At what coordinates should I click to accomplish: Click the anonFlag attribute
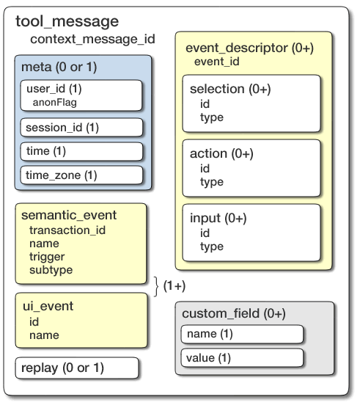[55, 102]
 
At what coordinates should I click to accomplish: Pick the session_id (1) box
[81, 128]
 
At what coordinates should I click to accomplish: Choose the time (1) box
[81, 151]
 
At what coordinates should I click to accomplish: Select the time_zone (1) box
[81, 175]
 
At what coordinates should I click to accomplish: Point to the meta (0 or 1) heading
[59, 67]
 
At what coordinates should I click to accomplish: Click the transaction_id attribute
[67, 230]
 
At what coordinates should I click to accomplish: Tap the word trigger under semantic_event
[47, 257]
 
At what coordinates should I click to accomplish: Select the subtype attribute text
[51, 270]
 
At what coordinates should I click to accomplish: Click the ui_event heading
[47, 307]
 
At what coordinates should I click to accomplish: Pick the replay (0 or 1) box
[77, 367]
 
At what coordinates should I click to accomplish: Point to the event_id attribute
[216, 62]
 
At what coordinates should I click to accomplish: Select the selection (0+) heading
[230, 90]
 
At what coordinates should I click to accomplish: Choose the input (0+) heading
[218, 219]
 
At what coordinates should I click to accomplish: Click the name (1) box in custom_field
[242, 334]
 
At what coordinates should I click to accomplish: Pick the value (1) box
[242, 358]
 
